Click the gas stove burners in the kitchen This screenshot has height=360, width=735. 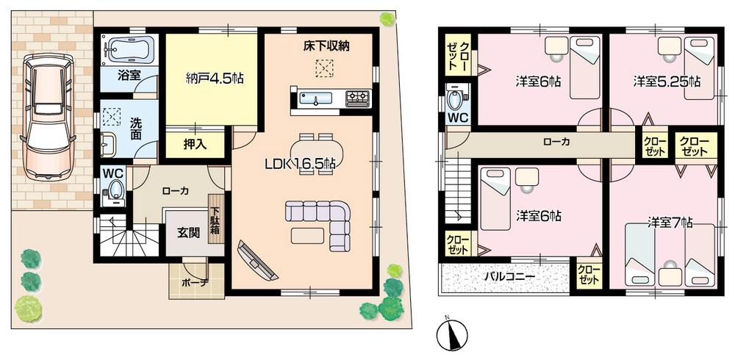[358, 97]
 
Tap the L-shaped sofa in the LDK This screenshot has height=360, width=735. [323, 220]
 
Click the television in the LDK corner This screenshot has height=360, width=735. [258, 261]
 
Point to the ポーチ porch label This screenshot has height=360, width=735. [194, 283]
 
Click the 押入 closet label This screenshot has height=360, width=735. [194, 143]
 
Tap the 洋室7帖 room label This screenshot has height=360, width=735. [671, 221]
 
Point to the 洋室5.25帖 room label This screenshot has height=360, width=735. [667, 82]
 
